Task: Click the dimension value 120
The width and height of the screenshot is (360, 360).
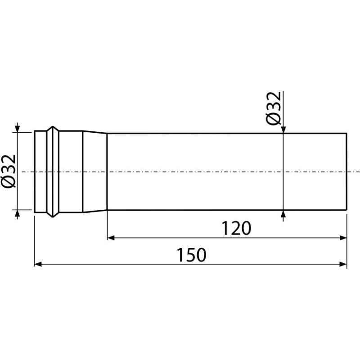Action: tap(236, 228)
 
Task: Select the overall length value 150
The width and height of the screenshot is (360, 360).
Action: tap(191, 255)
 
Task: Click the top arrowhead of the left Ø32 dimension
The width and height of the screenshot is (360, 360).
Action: tap(17, 129)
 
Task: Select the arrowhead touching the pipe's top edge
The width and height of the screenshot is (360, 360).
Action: tap(283, 130)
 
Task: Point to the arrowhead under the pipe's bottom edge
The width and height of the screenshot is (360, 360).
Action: tap(283, 213)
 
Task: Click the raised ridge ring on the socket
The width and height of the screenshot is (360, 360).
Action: tap(53, 171)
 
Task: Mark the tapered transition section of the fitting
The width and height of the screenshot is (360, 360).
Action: tap(94, 171)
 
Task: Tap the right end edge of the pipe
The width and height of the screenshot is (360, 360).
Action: tap(347, 171)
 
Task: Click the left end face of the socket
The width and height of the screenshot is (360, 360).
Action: tap(35, 171)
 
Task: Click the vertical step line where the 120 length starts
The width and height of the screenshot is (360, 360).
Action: tap(107, 171)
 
